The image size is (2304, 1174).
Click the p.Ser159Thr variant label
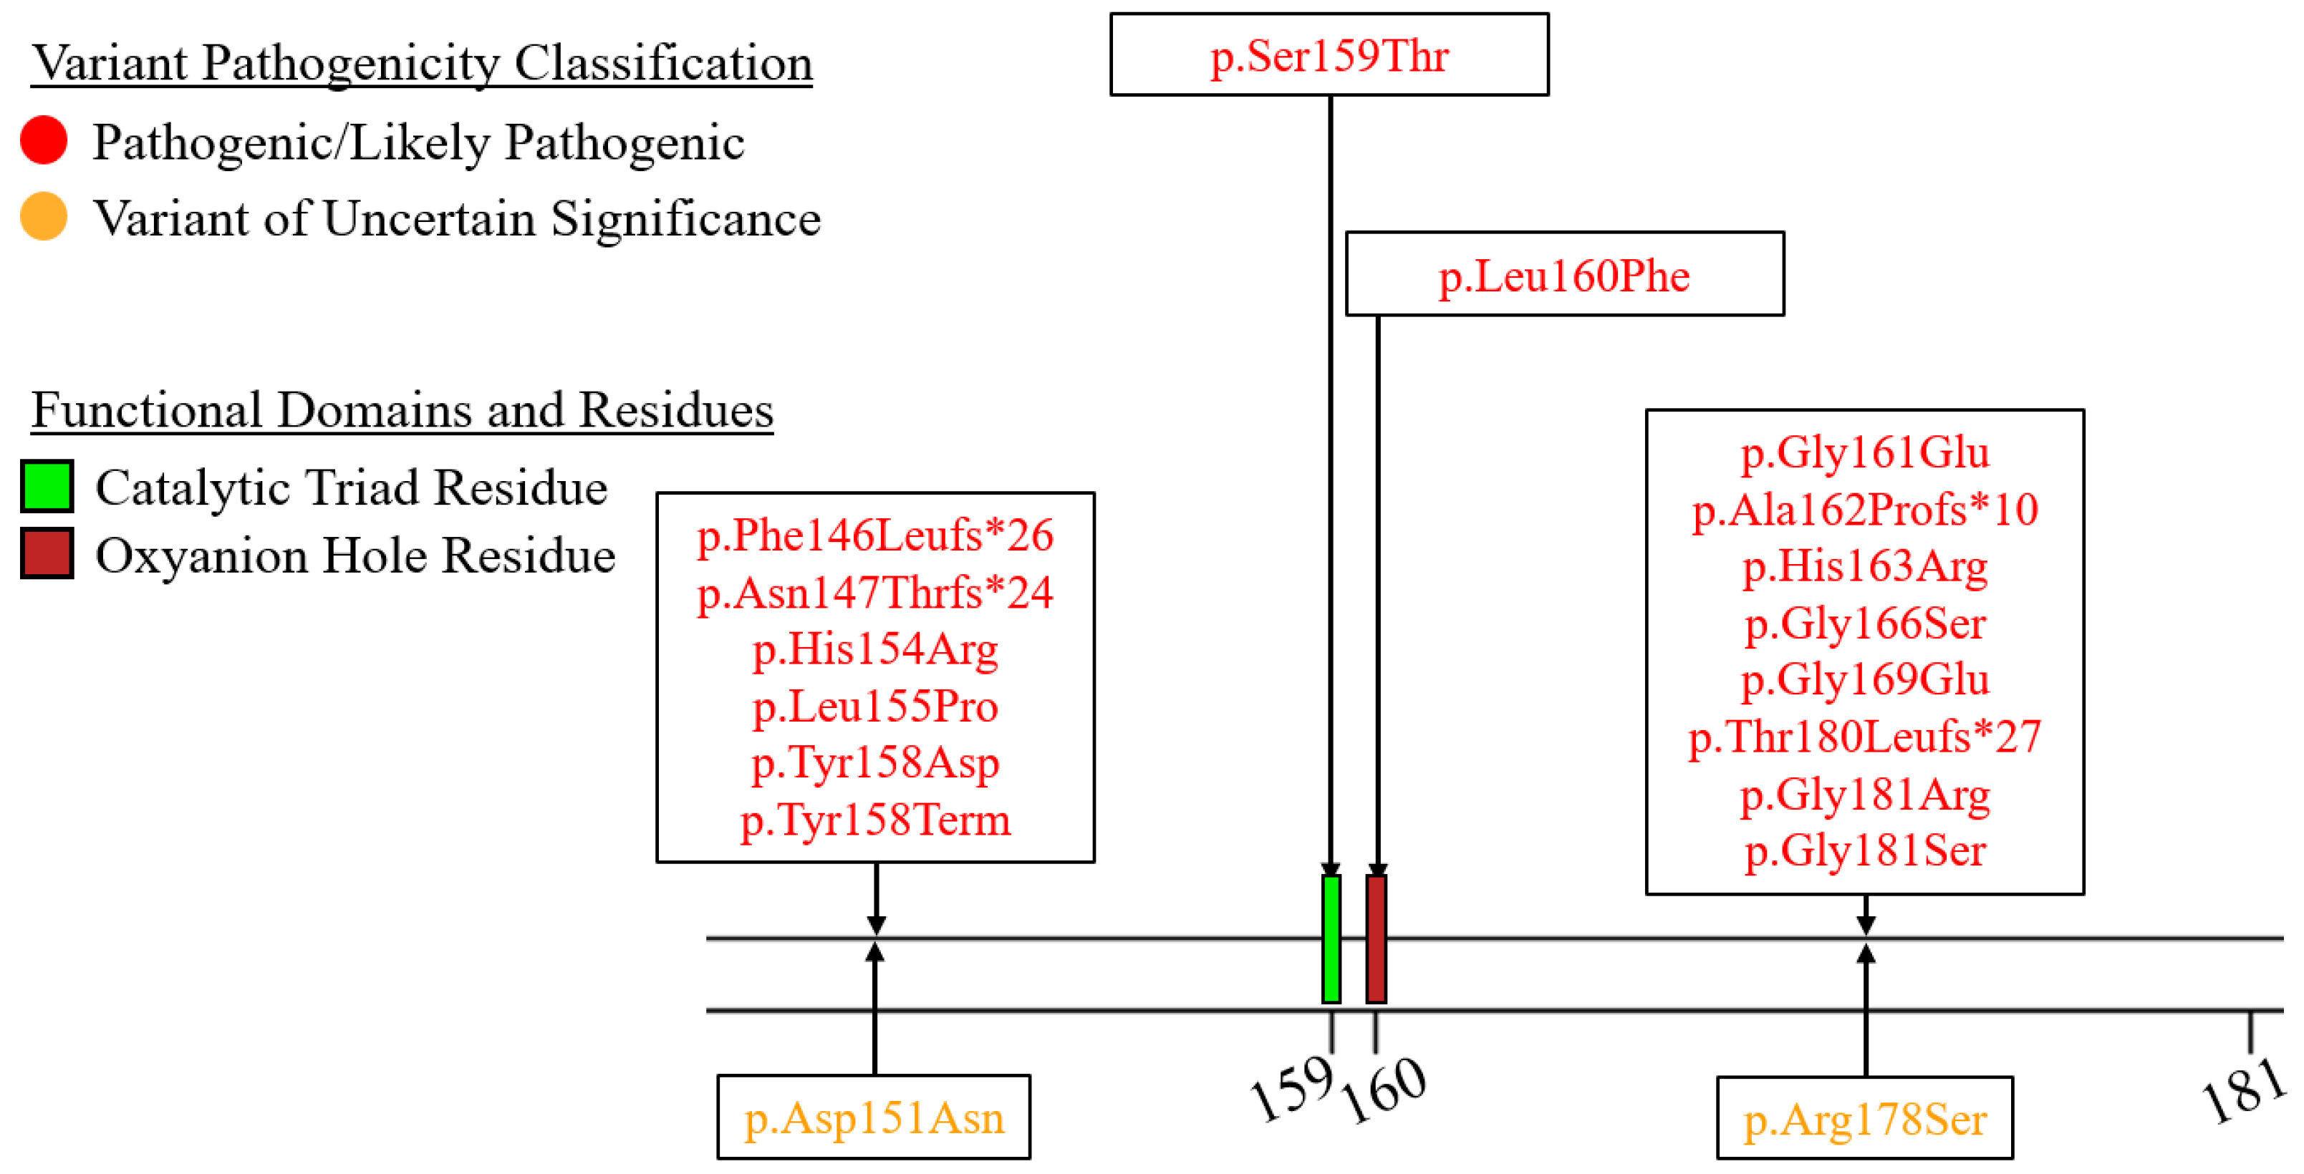[1329, 55]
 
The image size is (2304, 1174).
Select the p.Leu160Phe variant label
[1563, 276]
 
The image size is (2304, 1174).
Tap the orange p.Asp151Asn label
[874, 1117]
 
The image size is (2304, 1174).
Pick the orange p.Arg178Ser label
[1865, 1119]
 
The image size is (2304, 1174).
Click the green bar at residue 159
[1331, 939]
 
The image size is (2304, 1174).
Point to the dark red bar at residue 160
[1377, 939]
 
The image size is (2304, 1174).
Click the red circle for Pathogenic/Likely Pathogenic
[44, 140]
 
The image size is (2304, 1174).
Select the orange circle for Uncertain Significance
[44, 216]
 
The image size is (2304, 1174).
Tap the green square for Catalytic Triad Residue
[47, 486]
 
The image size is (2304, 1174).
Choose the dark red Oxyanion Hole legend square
[47, 553]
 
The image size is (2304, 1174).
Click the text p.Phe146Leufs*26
[874, 535]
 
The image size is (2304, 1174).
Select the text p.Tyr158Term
[874, 819]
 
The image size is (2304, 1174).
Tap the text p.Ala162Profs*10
[1865, 510]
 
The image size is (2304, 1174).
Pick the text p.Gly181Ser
[1865, 850]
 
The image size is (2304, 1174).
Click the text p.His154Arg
[874, 649]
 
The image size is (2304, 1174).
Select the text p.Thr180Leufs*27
[1865, 736]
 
